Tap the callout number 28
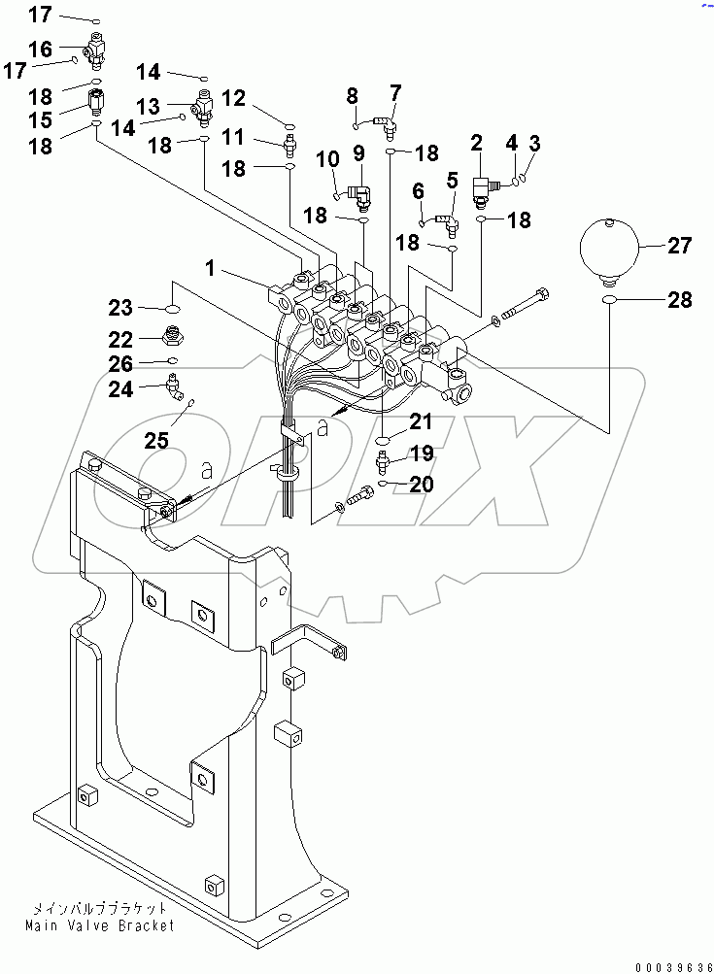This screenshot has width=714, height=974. (x=679, y=300)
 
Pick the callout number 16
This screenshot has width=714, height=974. (x=40, y=49)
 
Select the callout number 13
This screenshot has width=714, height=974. (x=149, y=105)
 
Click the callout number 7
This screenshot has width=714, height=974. (x=395, y=93)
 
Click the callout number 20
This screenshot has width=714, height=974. (x=421, y=484)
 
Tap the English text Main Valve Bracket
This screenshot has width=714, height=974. (x=100, y=925)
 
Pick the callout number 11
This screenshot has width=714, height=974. (x=234, y=138)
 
